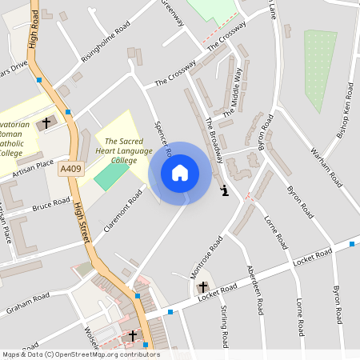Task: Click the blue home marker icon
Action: [x=180, y=173]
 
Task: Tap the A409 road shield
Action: [x=70, y=169]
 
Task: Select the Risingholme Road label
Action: [x=105, y=46]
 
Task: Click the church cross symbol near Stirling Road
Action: [x=202, y=286]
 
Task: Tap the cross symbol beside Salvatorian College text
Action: [x=46, y=123]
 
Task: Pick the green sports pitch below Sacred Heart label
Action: [x=110, y=175]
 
